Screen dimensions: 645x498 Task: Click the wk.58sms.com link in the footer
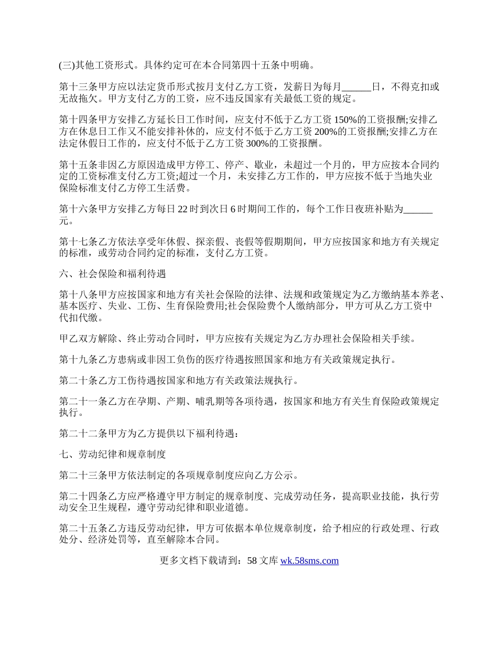click(x=309, y=561)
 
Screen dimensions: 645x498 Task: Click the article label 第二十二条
click(x=83, y=434)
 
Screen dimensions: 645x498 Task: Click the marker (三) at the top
click(x=67, y=66)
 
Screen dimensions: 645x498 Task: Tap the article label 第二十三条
click(x=83, y=476)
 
